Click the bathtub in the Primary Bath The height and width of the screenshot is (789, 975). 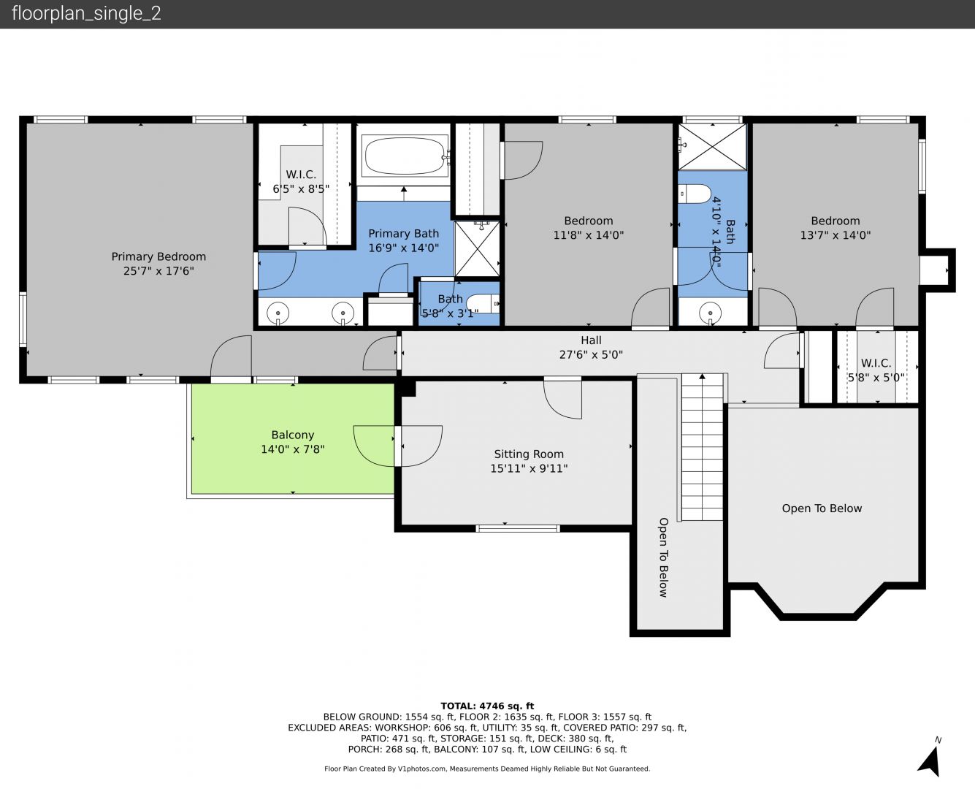405,156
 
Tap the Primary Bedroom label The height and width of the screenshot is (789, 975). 158,256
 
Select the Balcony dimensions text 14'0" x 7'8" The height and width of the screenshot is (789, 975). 292,449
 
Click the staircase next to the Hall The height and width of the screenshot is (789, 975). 702,447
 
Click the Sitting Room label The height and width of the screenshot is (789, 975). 529,454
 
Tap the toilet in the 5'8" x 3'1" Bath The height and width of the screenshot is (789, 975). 483,304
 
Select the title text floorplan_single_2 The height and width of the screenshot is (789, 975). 86,14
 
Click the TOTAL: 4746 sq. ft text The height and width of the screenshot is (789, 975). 487,706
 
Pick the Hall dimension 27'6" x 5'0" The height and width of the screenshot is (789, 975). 591,354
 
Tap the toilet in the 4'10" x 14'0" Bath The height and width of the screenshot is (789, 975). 695,194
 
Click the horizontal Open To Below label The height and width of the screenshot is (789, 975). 822,508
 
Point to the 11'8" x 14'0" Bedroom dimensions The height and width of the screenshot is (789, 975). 589,235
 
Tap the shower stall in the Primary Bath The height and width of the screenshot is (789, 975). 477,248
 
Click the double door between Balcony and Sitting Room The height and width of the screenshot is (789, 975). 398,446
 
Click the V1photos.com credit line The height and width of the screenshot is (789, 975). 487,769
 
